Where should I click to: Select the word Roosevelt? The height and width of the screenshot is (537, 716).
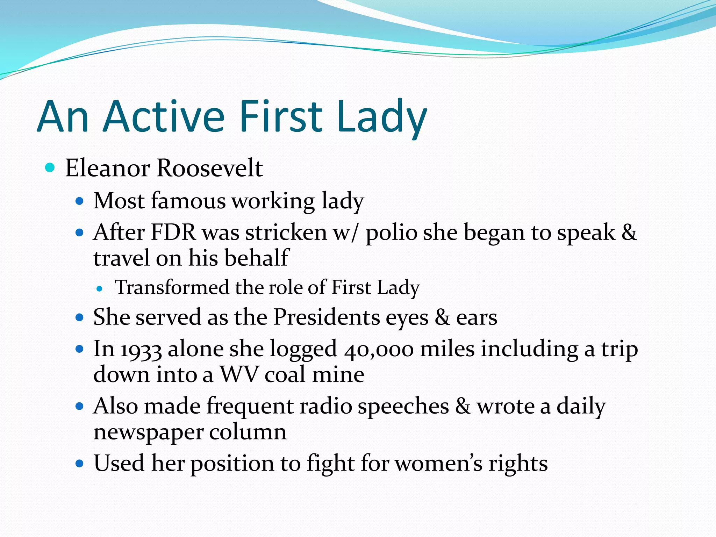tap(210, 168)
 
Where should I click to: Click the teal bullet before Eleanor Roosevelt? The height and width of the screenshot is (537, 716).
tap(50, 168)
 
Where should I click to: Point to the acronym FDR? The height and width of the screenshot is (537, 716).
tap(173, 232)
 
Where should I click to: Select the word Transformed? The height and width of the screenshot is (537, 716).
tap(172, 287)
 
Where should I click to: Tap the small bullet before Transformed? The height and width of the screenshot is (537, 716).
tap(100, 289)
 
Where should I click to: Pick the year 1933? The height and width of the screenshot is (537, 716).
tap(141, 350)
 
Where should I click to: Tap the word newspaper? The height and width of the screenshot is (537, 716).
tap(148, 433)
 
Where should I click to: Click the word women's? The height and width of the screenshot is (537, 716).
tap(438, 464)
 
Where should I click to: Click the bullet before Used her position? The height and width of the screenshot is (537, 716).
tap(80, 464)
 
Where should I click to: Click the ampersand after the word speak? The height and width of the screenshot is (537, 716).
tap(629, 232)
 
